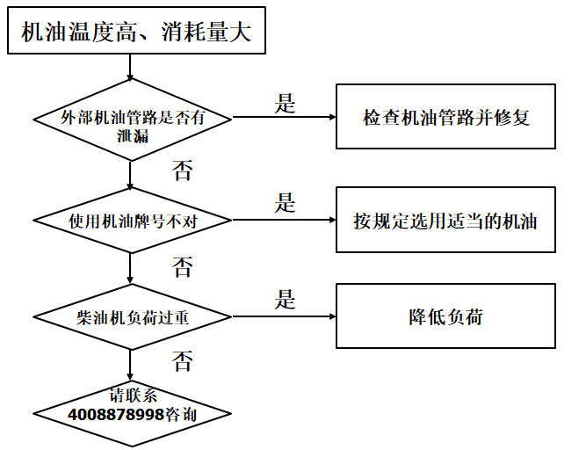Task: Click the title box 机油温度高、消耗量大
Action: [136, 33]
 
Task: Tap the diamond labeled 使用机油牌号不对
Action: [132, 220]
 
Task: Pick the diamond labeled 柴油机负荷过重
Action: [132, 316]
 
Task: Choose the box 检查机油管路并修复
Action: [446, 116]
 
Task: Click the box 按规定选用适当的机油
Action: [446, 220]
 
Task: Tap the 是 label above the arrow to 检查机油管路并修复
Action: [285, 103]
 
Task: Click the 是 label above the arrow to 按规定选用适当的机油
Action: [285, 203]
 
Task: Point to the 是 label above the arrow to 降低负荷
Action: [285, 299]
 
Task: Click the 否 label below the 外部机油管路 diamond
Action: [182, 171]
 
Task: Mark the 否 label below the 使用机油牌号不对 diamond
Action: [182, 266]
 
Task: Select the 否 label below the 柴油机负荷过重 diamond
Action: [182, 359]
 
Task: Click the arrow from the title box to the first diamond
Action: [131, 64]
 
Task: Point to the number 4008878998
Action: [117, 414]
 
